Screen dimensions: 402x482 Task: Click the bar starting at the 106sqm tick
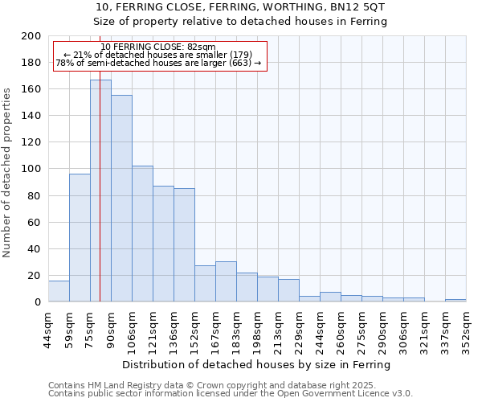pyautogui.click(x=142, y=233)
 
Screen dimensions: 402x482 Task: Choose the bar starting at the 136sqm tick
pyautogui.click(x=184, y=245)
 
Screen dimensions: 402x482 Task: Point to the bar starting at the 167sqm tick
pyautogui.click(x=226, y=281)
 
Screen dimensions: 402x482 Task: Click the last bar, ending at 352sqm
pyautogui.click(x=455, y=300)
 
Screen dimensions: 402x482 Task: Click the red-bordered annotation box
pyautogui.click(x=158, y=55)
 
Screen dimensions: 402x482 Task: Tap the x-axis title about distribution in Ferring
pyautogui.click(x=257, y=364)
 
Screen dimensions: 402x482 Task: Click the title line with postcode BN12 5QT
pyautogui.click(x=241, y=7)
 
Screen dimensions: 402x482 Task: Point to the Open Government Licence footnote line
pyautogui.click(x=231, y=394)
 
